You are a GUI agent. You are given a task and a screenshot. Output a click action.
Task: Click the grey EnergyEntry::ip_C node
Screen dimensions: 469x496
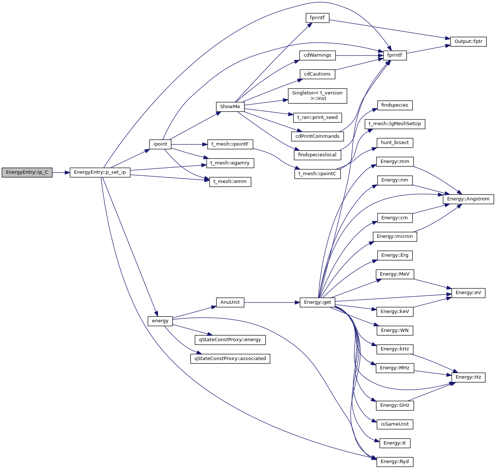pos(27,172)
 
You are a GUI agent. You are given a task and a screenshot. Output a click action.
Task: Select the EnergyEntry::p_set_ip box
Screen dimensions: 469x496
pos(100,172)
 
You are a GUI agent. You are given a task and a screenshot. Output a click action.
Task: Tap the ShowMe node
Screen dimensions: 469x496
pos(230,107)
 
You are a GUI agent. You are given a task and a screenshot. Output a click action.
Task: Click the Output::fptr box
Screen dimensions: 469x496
pos(468,41)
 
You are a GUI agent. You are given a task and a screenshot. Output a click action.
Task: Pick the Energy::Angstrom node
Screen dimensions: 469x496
pos(468,199)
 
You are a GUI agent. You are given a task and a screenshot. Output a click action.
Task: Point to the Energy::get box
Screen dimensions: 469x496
pos(317,302)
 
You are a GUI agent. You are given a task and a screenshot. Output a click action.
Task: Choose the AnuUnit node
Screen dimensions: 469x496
pos(230,302)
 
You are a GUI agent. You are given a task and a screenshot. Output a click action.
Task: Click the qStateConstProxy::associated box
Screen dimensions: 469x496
pos(230,359)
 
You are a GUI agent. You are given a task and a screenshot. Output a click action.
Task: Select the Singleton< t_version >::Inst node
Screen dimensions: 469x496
pos(317,96)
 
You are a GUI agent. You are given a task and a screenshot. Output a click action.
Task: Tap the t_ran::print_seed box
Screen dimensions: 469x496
pos(317,117)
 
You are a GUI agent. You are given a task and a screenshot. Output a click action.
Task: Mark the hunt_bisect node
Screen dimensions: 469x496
pos(395,143)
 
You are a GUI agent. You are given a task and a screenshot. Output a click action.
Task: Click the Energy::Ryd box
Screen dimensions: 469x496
pos(395,462)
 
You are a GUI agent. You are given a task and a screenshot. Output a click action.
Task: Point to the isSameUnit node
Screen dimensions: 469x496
pos(395,424)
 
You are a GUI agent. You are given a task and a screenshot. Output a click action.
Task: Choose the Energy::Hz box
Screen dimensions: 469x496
pos(468,377)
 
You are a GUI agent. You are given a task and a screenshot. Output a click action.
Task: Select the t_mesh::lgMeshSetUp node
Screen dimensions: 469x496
pos(395,124)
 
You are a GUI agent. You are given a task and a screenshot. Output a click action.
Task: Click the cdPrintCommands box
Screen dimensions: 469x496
pos(317,136)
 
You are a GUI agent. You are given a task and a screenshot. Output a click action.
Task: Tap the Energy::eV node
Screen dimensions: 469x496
pos(468,293)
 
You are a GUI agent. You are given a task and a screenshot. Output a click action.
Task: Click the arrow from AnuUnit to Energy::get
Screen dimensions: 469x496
pos(272,302)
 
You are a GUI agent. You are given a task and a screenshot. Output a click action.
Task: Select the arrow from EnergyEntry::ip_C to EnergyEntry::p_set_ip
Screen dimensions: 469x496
pos(61,172)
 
